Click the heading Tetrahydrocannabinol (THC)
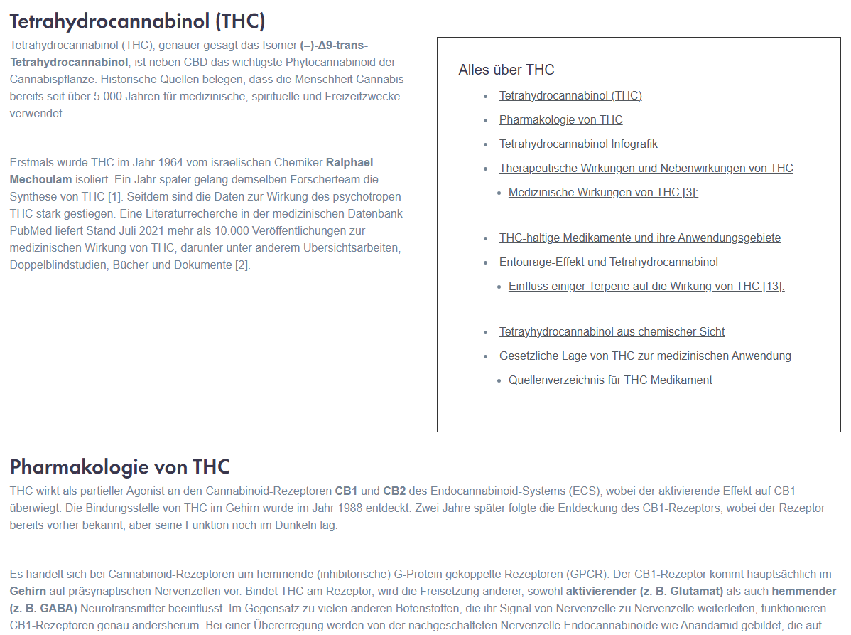pos(137,21)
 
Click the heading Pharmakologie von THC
pos(120,466)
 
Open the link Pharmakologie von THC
pos(560,119)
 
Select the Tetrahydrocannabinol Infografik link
pos(578,144)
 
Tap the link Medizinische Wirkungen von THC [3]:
pos(603,192)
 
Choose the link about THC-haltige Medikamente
pos(639,238)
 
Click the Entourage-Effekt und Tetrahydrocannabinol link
pos(608,262)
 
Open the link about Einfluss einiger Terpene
pos(646,286)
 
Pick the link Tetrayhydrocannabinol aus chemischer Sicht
pos(612,331)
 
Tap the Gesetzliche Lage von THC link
pos(645,356)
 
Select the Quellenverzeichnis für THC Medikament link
pos(610,380)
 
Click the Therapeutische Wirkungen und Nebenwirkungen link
pos(646,168)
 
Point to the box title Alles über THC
pos(506,70)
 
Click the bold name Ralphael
pos(349,162)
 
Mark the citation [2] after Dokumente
pos(242,265)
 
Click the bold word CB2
pos(394,491)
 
